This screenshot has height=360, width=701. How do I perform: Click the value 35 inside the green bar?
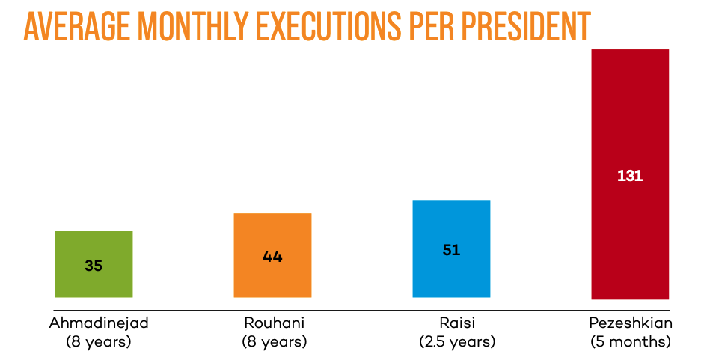pos(94,265)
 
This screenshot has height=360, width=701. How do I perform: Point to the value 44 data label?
pos(272,257)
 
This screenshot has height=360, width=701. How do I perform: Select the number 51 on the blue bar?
pos(451,250)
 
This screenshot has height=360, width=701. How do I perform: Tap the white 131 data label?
pos(630,177)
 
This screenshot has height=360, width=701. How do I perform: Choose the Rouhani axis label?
pos(275,324)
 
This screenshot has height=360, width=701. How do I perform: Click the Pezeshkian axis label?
pos(631,324)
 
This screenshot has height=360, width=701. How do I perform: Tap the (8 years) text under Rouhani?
pos(275,342)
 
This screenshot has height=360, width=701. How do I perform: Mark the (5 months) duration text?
pos(631,342)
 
